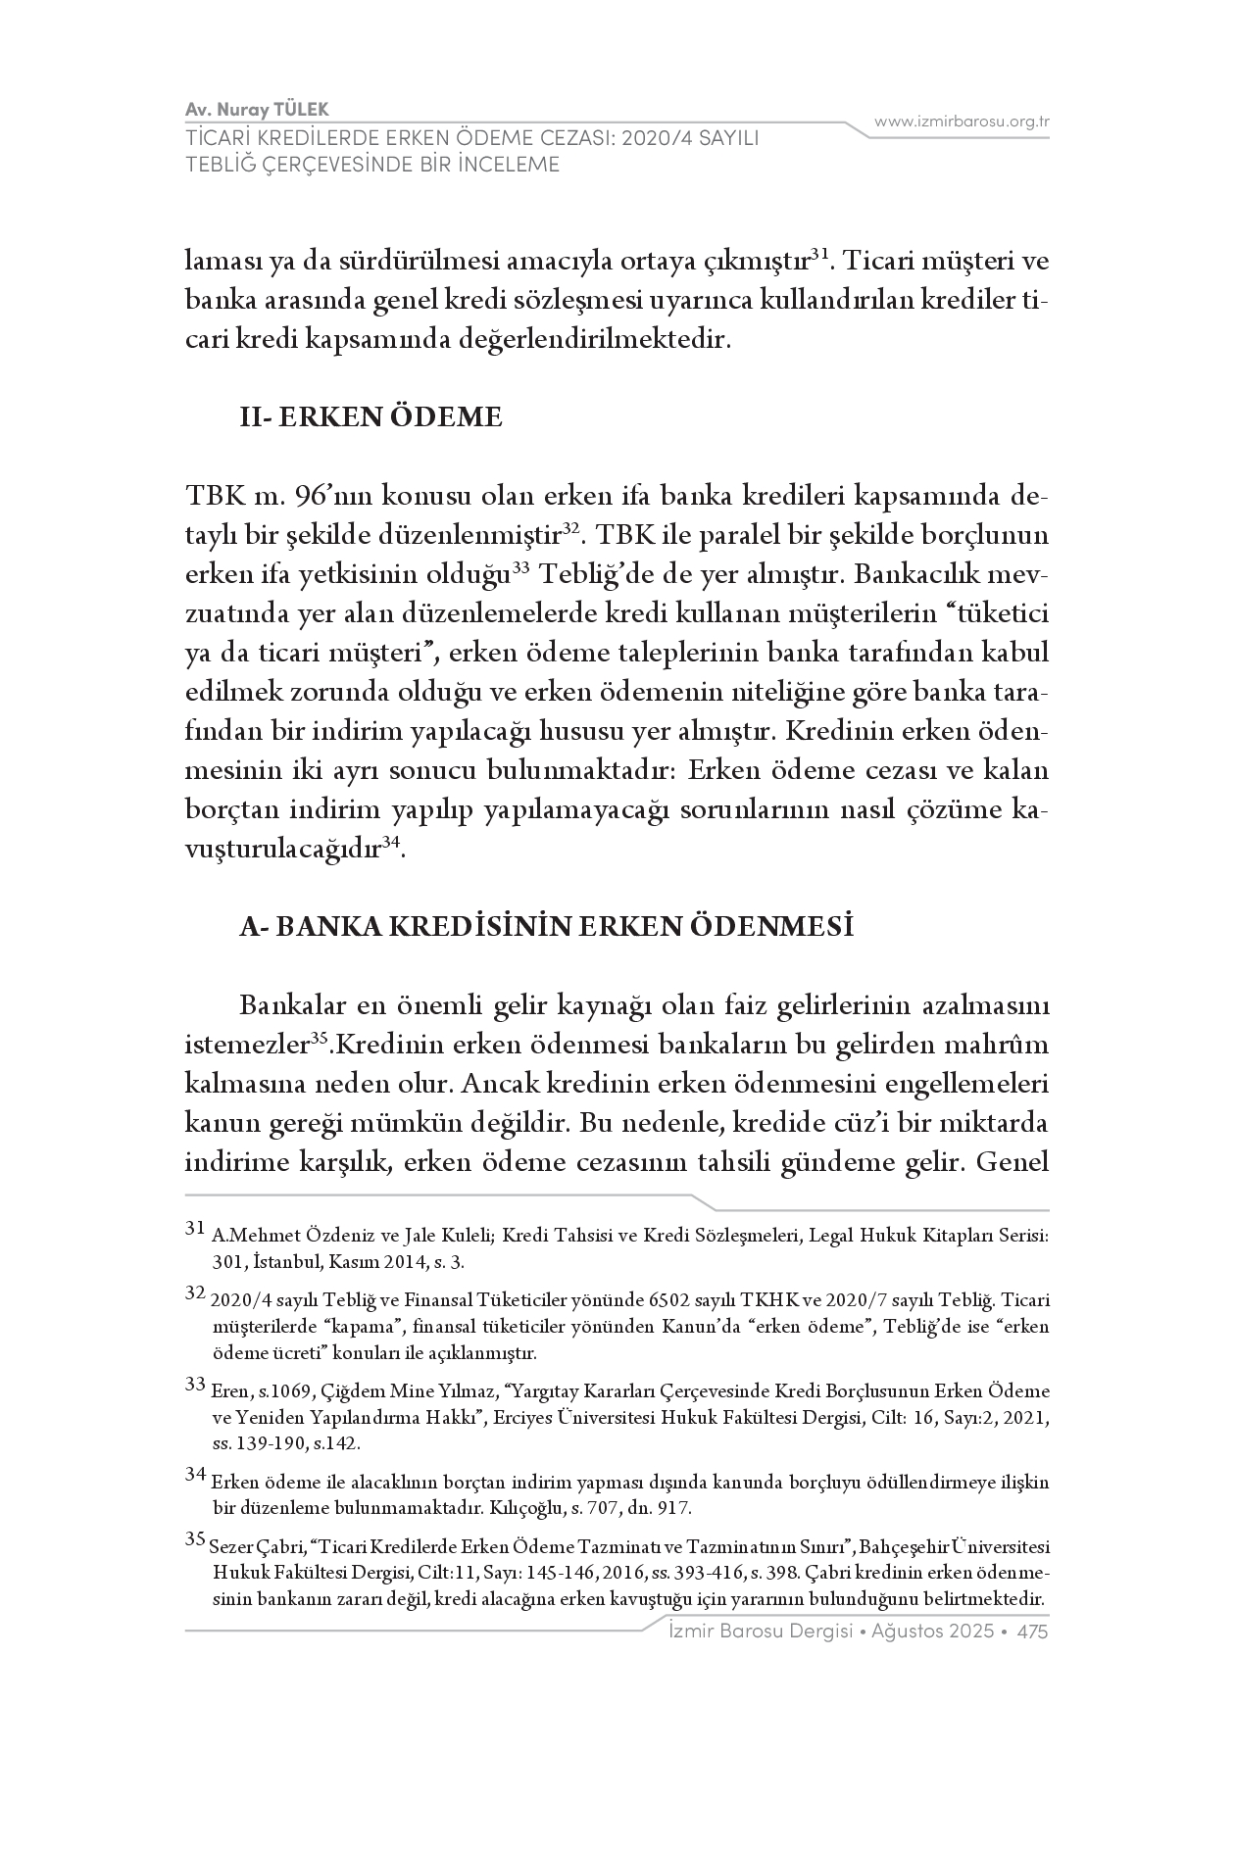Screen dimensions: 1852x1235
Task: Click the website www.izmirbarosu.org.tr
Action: click(x=962, y=122)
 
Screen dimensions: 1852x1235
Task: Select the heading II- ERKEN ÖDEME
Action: click(x=371, y=417)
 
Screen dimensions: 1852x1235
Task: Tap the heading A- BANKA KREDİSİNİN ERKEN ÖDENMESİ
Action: click(x=546, y=926)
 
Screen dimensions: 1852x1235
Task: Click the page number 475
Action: click(x=1033, y=1632)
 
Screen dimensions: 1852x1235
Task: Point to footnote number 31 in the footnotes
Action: click(x=194, y=1228)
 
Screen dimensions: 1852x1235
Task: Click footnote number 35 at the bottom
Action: click(x=194, y=1539)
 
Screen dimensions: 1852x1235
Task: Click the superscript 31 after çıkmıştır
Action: click(x=820, y=254)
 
